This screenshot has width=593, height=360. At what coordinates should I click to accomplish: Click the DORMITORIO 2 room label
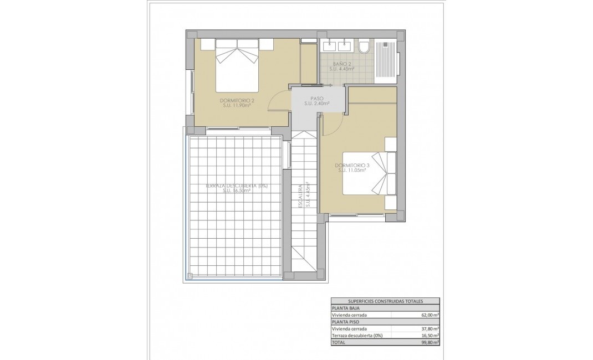coord(237,102)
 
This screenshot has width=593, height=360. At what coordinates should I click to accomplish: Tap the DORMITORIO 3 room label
coord(352,168)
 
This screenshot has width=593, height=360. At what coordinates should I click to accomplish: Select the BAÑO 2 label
coord(342,67)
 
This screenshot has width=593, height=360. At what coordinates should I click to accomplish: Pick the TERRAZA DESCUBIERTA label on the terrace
coord(237,188)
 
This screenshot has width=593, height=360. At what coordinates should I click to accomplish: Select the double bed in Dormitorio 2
coord(237,65)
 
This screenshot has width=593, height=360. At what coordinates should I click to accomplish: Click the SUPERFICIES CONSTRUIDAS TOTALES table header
coord(385,301)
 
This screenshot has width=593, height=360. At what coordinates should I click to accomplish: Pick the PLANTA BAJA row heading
coord(345,308)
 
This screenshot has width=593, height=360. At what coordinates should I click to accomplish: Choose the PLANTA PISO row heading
coord(345,322)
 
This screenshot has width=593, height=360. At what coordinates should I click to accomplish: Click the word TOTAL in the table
coord(339,343)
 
